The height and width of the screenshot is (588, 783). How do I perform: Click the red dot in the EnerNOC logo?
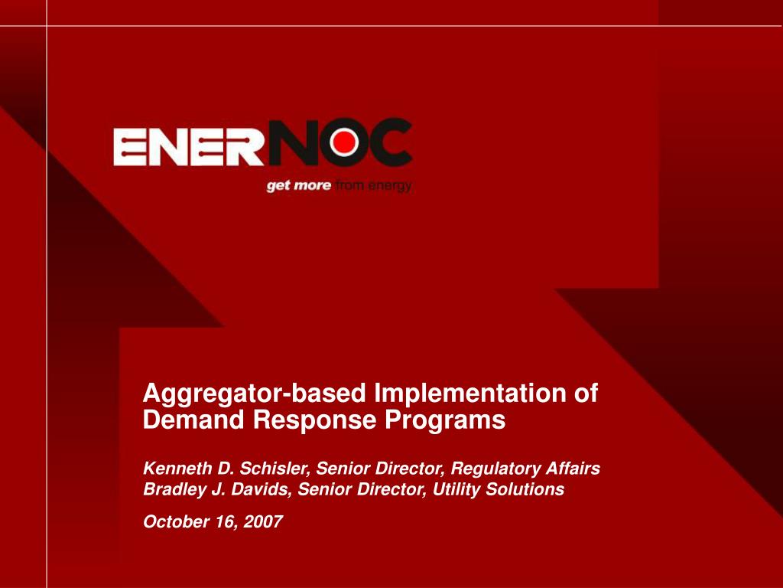pos(345,142)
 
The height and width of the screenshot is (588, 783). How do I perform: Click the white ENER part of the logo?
pos(189,146)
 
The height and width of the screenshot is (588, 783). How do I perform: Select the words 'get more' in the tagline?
pos(299,186)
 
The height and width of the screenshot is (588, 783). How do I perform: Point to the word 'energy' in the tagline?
pos(390,186)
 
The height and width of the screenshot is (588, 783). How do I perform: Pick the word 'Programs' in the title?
pos(445,420)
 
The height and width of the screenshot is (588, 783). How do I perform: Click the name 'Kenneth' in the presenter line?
pos(177,468)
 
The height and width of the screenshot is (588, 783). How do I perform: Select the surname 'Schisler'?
pos(275,469)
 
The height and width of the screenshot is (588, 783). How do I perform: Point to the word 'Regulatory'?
pos(495,469)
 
